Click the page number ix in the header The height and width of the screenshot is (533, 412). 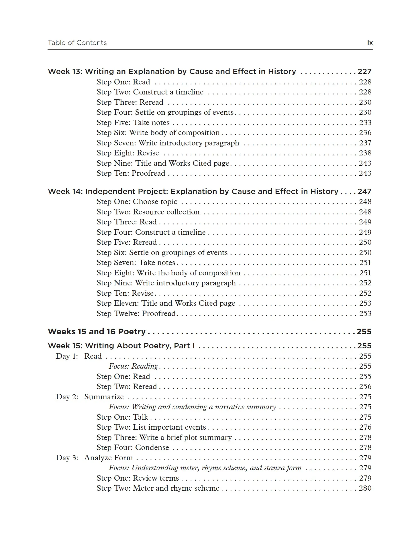(x=370, y=43)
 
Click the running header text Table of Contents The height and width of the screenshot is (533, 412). (x=77, y=43)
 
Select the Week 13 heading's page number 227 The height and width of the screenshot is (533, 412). (x=364, y=72)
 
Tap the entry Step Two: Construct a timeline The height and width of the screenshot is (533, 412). (x=150, y=92)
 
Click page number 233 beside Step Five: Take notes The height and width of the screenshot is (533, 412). (x=365, y=123)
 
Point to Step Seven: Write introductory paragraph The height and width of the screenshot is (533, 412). (x=168, y=143)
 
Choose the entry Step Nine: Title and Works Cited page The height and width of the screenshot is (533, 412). (x=163, y=163)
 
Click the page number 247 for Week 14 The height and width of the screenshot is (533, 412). (x=364, y=192)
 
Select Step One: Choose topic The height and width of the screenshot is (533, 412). (x=137, y=202)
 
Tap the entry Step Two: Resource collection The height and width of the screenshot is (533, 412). (x=148, y=212)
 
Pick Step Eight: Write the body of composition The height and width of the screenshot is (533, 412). (x=168, y=273)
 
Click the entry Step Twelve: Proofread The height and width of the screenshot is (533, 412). (x=136, y=314)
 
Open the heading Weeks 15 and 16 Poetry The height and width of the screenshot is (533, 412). (x=97, y=332)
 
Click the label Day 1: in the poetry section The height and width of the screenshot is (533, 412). (x=67, y=356)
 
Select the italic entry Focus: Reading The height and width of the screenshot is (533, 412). (x=133, y=366)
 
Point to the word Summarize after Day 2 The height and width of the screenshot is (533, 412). (x=104, y=397)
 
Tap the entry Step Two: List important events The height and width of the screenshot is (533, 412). (x=151, y=427)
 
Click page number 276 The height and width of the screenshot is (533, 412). (x=365, y=427)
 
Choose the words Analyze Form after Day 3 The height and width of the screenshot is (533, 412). (x=108, y=458)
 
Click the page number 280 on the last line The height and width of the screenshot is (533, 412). (x=365, y=488)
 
